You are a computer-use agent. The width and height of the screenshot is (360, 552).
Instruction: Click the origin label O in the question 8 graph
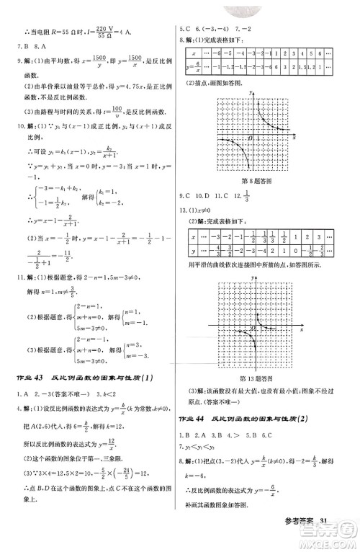[250, 137]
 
